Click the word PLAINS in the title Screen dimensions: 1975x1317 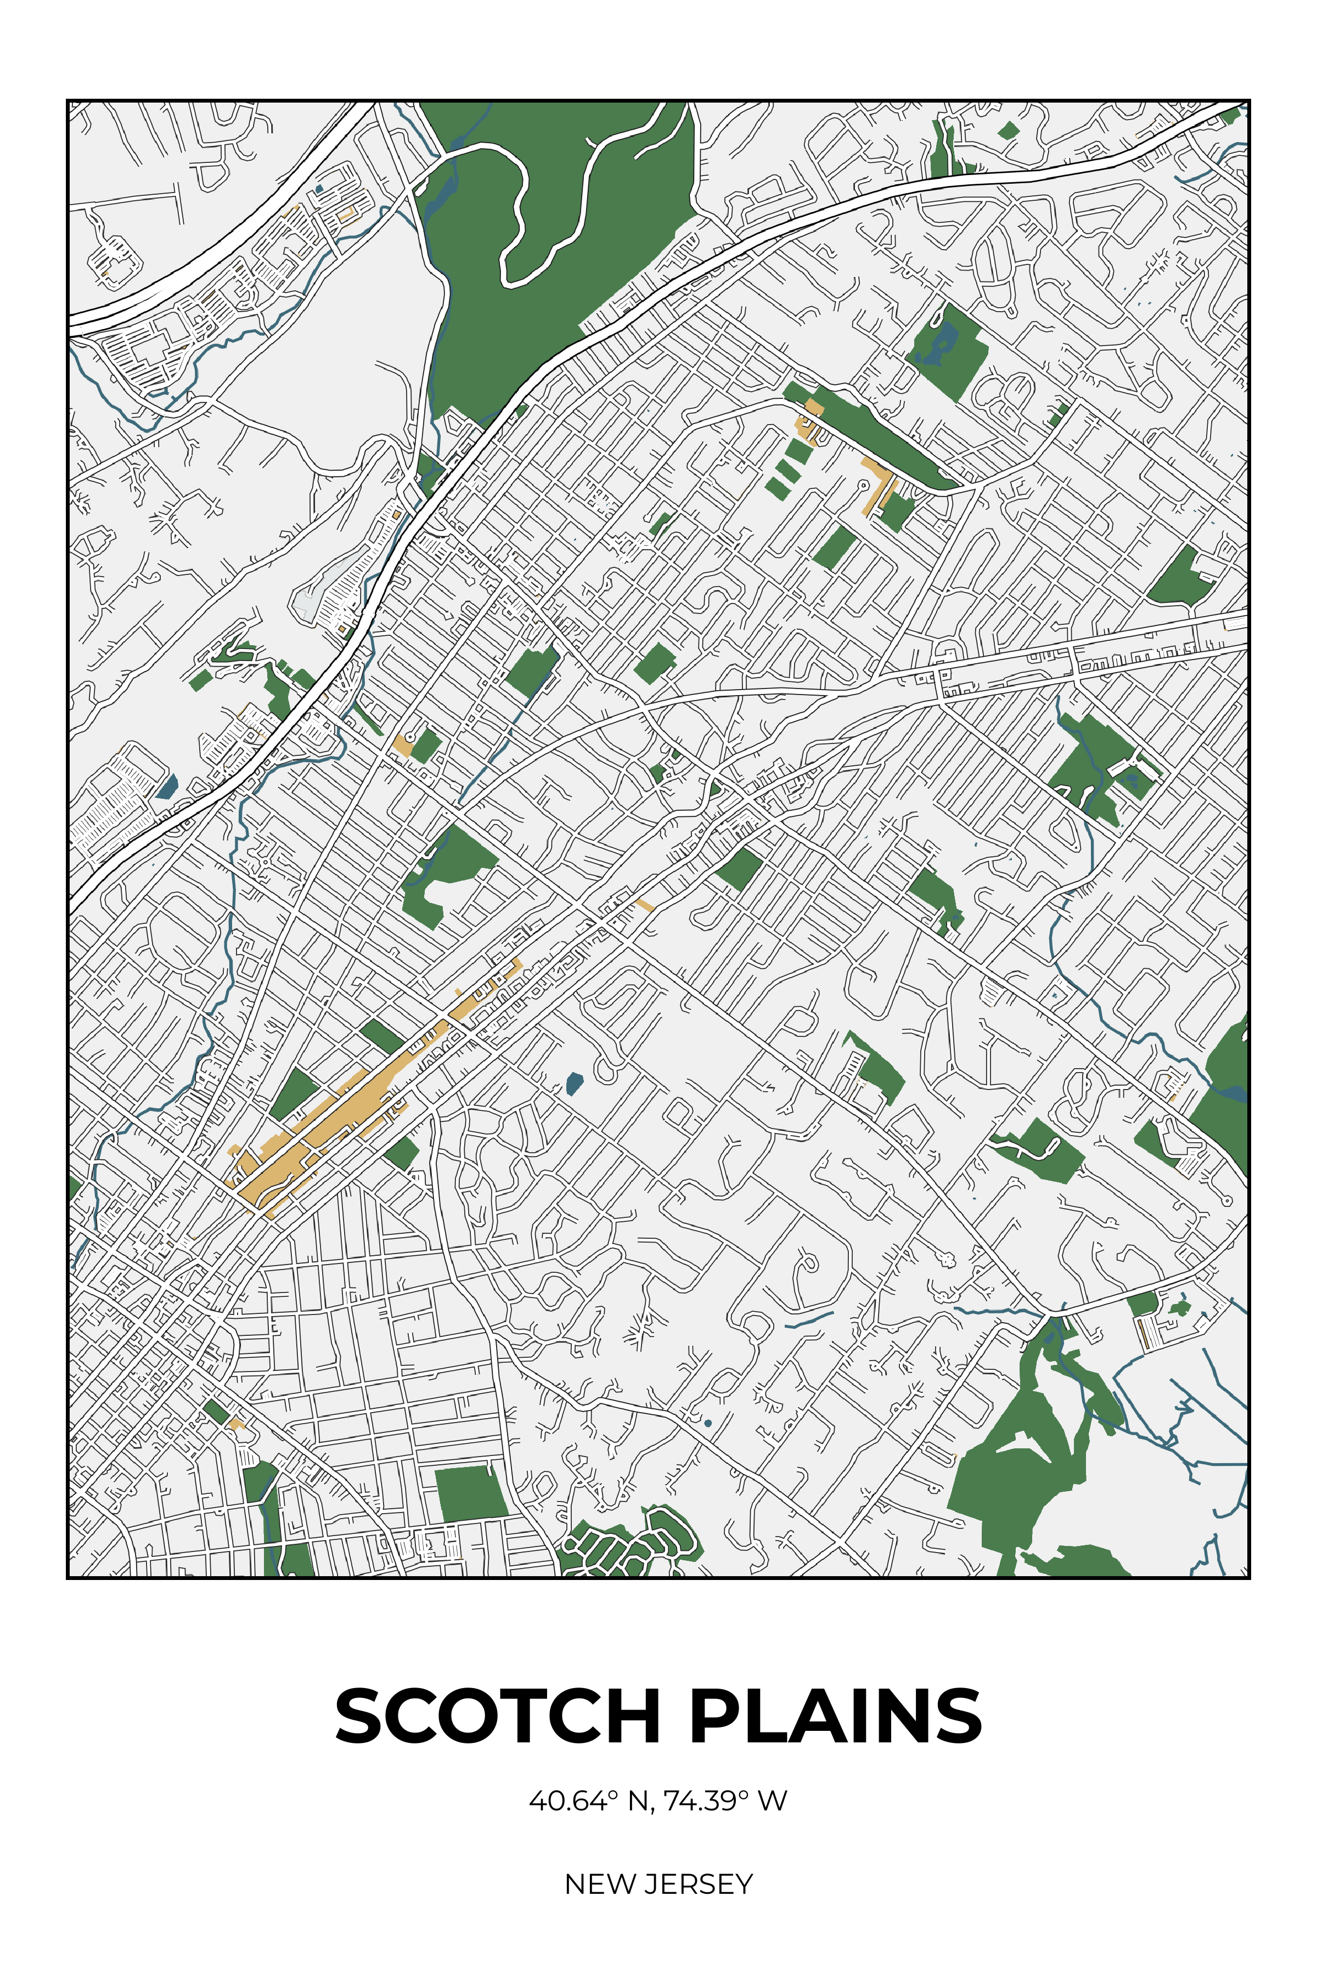pyautogui.click(x=836, y=1716)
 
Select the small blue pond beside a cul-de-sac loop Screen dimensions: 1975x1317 pyautogui.click(x=575, y=1083)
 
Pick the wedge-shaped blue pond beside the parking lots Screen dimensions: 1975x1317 pyautogui.click(x=167, y=787)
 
